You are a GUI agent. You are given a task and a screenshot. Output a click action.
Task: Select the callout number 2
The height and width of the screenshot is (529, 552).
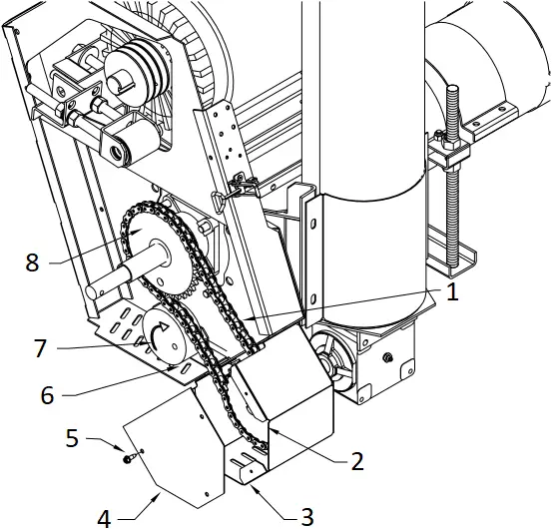tap(356, 461)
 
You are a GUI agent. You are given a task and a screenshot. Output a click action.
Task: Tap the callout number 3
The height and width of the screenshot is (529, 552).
tap(307, 515)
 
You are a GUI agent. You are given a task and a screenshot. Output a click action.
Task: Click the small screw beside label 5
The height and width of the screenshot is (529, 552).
tap(131, 458)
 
